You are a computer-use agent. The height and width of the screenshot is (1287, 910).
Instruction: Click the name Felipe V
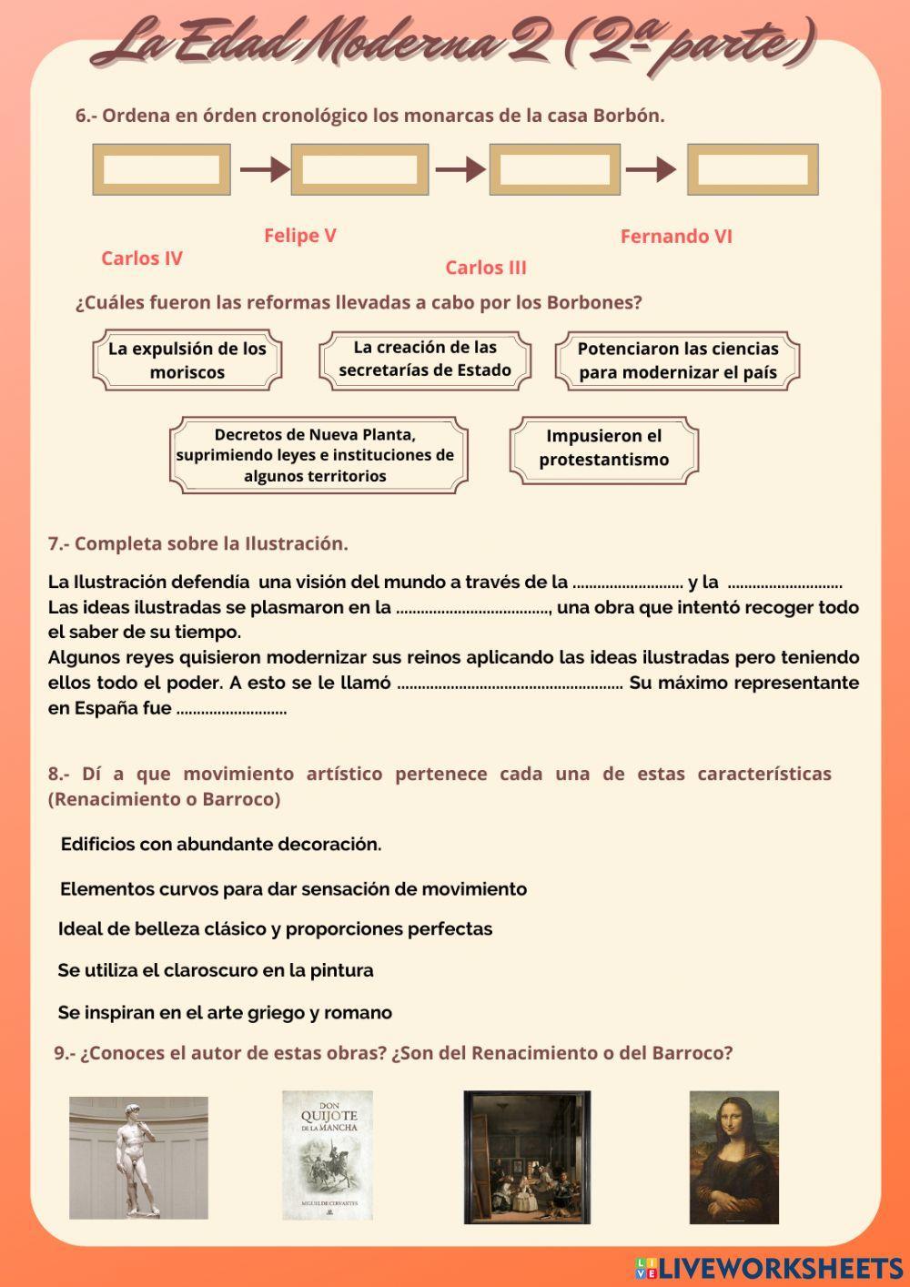(x=299, y=236)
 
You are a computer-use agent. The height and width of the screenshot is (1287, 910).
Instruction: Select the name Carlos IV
(x=142, y=258)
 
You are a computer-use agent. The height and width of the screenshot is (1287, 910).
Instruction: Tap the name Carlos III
(x=485, y=268)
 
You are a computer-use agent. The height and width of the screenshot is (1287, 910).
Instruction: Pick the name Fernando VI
(x=676, y=237)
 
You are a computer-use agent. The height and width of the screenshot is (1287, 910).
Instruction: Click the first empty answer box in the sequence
(x=161, y=169)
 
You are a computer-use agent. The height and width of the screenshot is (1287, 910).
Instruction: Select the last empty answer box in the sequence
(x=753, y=169)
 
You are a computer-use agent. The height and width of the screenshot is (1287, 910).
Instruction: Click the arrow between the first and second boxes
(x=264, y=169)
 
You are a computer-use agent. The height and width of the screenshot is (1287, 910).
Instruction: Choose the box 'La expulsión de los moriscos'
(x=187, y=360)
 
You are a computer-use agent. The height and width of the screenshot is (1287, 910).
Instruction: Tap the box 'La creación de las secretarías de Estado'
(x=425, y=359)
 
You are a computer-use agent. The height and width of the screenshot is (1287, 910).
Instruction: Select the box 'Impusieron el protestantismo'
(x=603, y=448)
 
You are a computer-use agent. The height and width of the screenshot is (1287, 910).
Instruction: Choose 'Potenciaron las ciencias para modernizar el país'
(x=678, y=360)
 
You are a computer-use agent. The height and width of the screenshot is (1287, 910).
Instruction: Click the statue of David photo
(x=138, y=1158)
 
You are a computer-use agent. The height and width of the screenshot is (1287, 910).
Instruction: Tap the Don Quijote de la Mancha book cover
(x=328, y=1155)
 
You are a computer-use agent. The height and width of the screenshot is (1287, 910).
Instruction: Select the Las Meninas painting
(x=527, y=1157)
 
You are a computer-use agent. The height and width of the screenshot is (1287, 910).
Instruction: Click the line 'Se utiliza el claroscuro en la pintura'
(x=216, y=970)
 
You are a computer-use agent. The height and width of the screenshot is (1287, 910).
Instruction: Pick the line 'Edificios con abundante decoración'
(x=221, y=845)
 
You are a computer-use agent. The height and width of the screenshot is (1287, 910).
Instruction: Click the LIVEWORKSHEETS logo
(x=769, y=1268)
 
